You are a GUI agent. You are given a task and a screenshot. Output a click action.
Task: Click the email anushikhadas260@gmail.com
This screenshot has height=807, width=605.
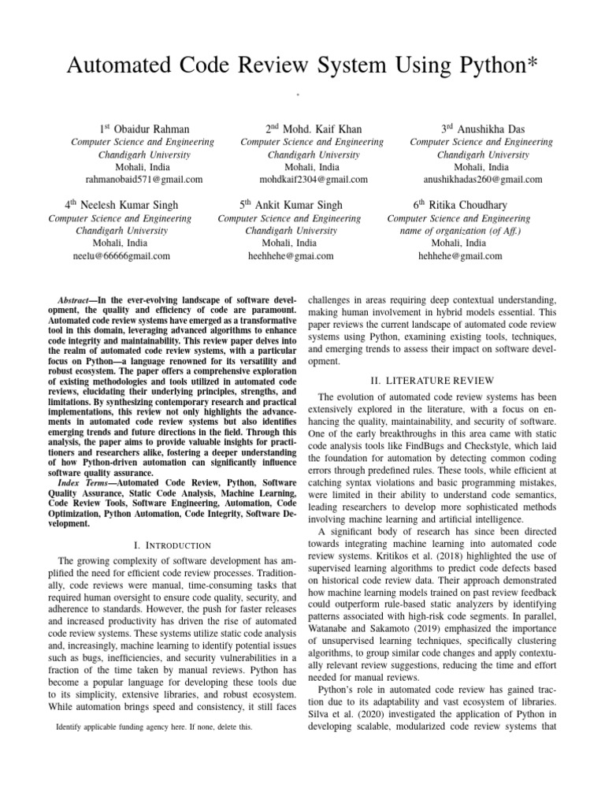pyautogui.click(x=483, y=180)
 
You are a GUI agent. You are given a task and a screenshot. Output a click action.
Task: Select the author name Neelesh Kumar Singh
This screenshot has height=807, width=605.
pyautogui.click(x=128, y=205)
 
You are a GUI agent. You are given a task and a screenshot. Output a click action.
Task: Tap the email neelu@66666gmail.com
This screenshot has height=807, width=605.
pyautogui.click(x=121, y=256)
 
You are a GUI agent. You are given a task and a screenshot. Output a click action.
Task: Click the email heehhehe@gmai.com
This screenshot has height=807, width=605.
pyautogui.click(x=291, y=256)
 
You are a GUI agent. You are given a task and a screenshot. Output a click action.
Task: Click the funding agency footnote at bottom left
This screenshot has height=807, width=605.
pyautogui.click(x=154, y=727)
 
